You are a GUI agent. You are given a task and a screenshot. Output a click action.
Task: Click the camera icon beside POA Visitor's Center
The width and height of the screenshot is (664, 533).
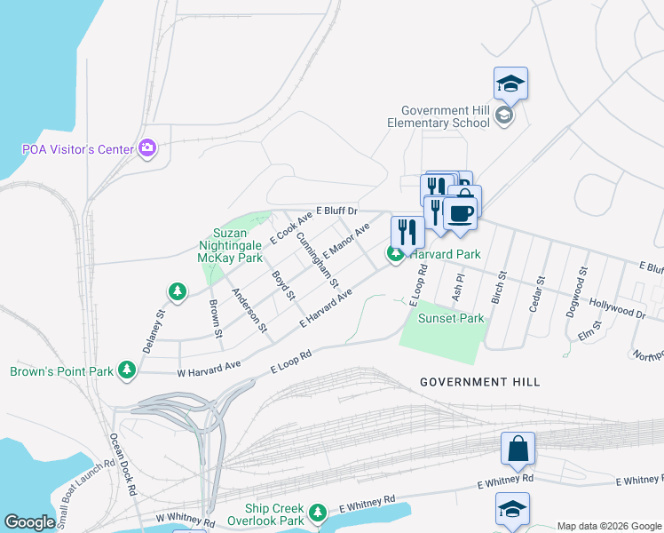(x=147, y=148)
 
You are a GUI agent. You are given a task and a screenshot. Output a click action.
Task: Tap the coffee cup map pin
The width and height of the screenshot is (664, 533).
(x=460, y=213)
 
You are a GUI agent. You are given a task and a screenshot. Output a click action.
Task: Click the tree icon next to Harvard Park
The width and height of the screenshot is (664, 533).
(x=395, y=254)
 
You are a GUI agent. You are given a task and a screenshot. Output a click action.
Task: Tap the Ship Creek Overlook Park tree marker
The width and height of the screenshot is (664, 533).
(x=317, y=513)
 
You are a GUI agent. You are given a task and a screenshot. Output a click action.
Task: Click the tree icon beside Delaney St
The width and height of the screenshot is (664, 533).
(x=178, y=291)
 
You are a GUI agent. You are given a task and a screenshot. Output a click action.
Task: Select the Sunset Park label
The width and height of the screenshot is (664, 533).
(x=444, y=317)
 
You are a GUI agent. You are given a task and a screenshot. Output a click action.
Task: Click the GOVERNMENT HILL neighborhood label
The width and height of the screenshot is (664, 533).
(x=479, y=382)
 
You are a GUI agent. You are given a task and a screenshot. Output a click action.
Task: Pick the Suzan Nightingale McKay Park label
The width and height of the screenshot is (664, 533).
(x=231, y=245)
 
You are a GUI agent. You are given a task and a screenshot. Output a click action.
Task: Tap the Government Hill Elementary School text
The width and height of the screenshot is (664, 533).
(x=439, y=117)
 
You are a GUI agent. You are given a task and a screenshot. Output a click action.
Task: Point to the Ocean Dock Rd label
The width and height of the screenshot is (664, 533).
(x=122, y=463)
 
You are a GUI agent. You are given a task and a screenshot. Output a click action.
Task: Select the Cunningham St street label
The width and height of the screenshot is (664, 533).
(x=317, y=260)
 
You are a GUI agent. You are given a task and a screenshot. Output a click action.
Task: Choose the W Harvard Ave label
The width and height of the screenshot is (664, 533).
(x=209, y=368)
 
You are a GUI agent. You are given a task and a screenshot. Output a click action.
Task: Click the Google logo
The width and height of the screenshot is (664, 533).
(x=30, y=522)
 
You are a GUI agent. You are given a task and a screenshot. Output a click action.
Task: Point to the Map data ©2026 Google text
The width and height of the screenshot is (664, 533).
(x=608, y=525)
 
